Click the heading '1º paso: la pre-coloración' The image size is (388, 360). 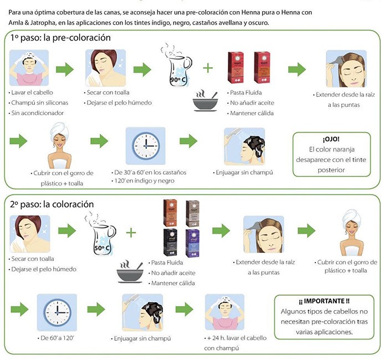tap(60, 38)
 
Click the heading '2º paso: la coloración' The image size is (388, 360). tap(53, 204)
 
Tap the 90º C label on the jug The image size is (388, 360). tap(179, 80)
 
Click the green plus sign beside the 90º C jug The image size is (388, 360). tap(208, 68)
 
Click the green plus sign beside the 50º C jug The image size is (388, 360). tap(131, 232)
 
